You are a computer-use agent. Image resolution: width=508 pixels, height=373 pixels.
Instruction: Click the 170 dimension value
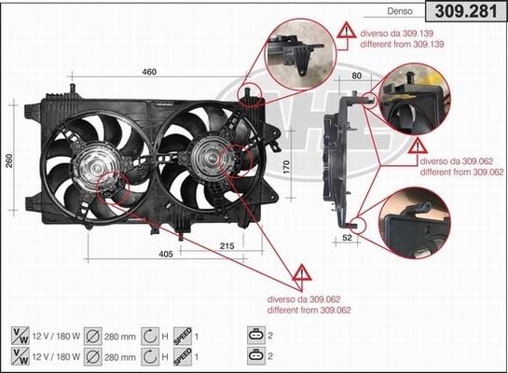[287, 169]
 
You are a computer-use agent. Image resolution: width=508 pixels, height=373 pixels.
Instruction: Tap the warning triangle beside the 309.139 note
[346, 36]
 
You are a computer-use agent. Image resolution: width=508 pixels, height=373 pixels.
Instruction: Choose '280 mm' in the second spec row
[121, 354]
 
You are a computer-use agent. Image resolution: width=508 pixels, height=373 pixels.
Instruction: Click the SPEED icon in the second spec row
[184, 354]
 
